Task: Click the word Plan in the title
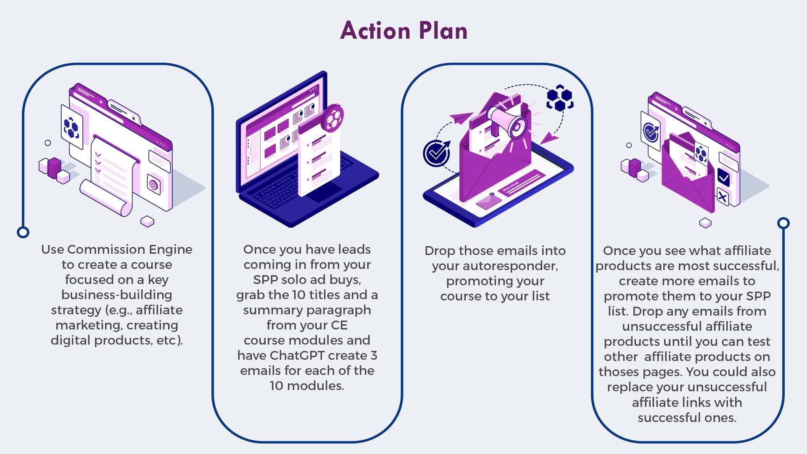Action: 443,31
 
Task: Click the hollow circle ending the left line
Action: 23,232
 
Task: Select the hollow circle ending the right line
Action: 783,223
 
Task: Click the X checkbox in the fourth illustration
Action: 723,197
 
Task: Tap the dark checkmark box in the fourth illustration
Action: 723,178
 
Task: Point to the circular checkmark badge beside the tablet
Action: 437,154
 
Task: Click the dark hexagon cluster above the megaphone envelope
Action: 560,98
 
